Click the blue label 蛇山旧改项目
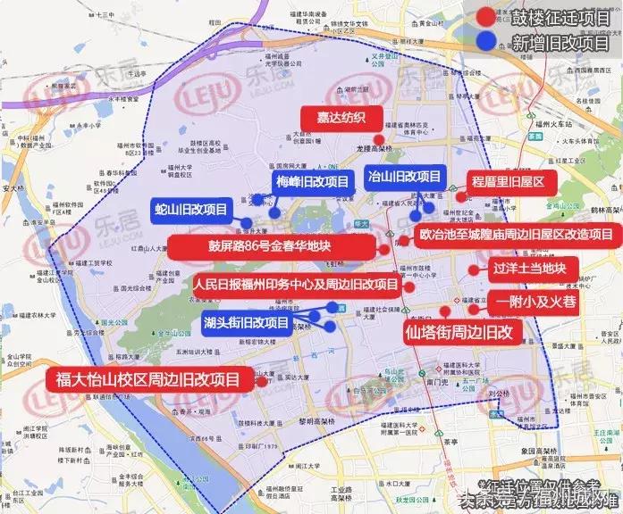(x=191, y=210)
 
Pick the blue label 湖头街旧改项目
(x=246, y=322)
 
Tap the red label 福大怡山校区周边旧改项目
(x=148, y=378)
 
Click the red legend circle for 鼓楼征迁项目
(x=484, y=16)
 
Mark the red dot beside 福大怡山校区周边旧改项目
(x=261, y=381)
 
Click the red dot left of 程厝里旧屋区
(x=461, y=196)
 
